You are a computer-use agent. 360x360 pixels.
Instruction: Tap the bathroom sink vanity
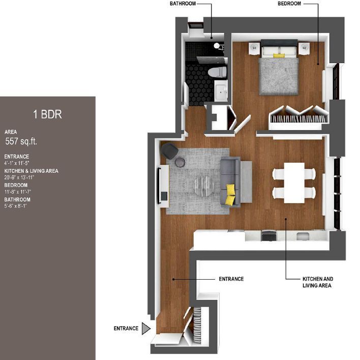[x=221, y=92]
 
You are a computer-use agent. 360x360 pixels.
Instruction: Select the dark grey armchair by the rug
[x=169, y=151]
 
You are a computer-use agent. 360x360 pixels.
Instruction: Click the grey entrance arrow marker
[x=146, y=328]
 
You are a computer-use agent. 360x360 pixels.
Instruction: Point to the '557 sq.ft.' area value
[x=22, y=141]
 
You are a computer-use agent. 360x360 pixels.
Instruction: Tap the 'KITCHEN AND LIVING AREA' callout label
[x=317, y=283]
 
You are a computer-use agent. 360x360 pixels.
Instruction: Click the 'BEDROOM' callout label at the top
[x=289, y=4]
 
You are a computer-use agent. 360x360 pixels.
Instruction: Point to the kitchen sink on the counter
[x=303, y=236]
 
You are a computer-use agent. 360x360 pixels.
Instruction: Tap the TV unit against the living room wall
[x=163, y=186]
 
